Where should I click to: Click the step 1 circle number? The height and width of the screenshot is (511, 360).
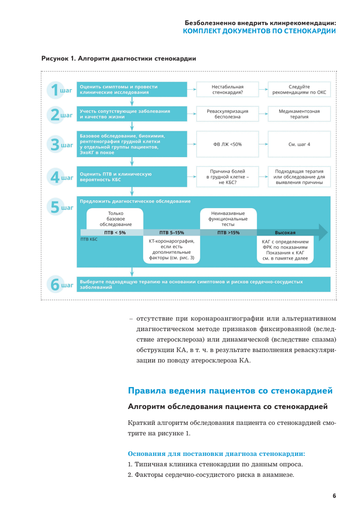[55, 90]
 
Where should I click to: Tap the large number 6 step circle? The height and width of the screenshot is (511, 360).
[55, 285]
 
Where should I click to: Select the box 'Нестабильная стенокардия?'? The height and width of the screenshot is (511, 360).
[227, 89]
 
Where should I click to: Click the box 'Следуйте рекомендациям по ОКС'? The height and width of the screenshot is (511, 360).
[299, 89]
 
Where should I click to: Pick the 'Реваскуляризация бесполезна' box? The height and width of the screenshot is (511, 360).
[227, 114]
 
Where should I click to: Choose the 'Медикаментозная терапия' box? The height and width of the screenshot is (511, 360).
[299, 114]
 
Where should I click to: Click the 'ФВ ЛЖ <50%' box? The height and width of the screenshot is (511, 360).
[227, 144]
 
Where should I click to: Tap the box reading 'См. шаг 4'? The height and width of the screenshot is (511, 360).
[299, 144]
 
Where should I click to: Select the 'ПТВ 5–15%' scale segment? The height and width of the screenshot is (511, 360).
[172, 232]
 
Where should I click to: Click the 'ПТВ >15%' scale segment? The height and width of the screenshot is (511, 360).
[228, 232]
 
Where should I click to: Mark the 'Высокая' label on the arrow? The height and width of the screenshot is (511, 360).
[285, 232]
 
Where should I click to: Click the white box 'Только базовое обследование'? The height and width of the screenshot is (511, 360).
[115, 219]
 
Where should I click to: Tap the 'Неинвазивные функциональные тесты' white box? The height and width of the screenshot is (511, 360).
[228, 219]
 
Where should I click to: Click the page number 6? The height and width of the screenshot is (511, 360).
[334, 496]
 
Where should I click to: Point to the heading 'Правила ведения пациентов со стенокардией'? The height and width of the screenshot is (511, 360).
[230, 391]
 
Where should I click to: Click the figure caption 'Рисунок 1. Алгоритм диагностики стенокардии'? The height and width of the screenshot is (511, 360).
[119, 59]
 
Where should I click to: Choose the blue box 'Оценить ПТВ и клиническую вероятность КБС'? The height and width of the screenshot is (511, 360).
[132, 177]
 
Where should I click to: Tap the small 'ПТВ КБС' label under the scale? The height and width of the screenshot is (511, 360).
[89, 239]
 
